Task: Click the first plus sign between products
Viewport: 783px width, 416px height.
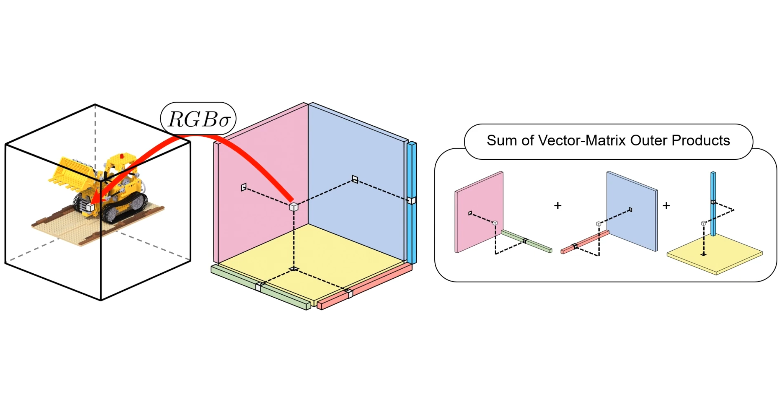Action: pos(558,206)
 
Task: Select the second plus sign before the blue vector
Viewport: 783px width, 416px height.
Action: pos(666,206)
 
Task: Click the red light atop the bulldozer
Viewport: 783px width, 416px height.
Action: pos(122,156)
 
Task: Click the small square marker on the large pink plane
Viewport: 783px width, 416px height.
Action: pos(244,187)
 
